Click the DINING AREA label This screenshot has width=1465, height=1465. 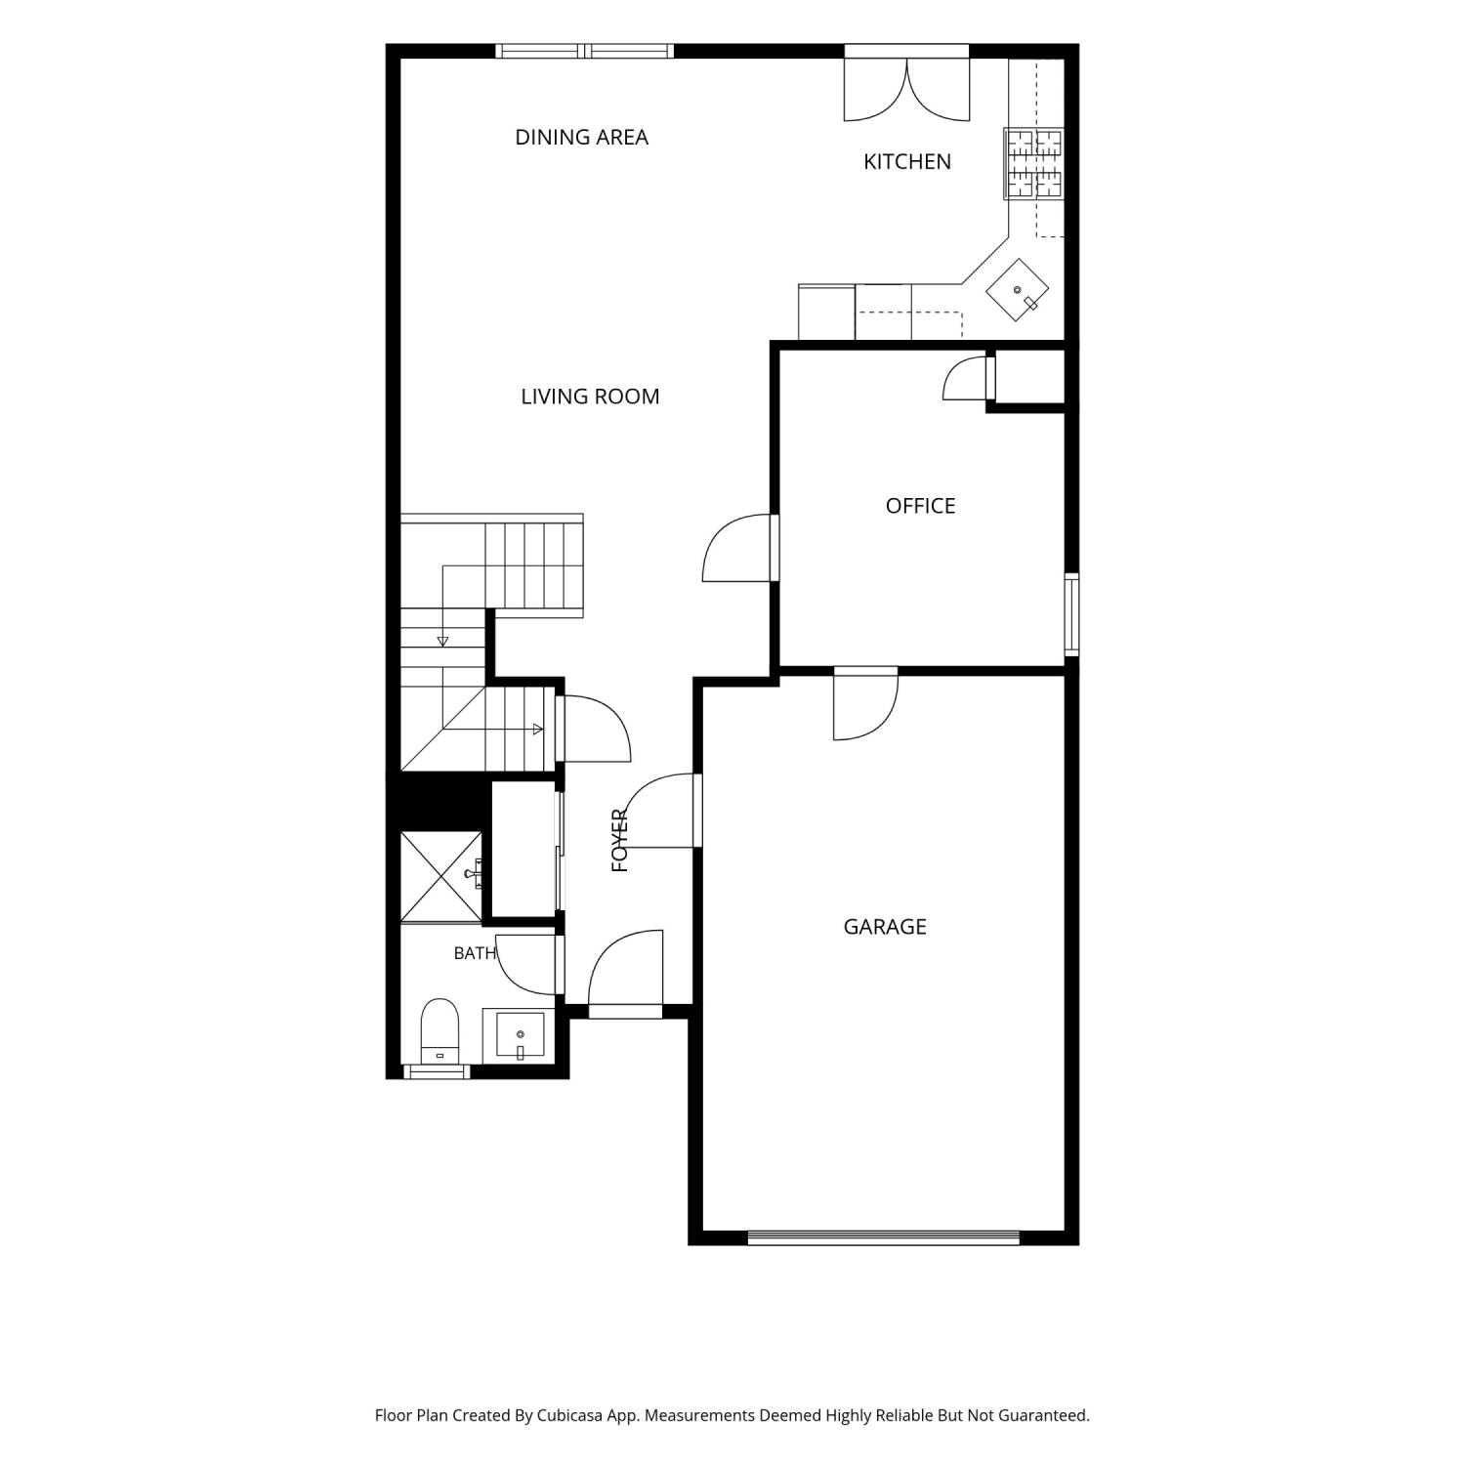581,138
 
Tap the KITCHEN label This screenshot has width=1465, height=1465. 907,162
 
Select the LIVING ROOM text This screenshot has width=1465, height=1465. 590,397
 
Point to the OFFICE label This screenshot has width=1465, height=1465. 920,506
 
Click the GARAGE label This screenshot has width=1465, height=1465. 885,927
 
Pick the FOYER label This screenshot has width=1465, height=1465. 620,840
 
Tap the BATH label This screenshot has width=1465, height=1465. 476,953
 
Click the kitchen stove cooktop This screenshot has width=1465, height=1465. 1033,163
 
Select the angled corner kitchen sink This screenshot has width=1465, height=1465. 1017,290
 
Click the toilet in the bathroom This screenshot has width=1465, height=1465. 439,1031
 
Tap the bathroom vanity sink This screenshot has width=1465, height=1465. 520,1035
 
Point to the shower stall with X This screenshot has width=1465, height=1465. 441,876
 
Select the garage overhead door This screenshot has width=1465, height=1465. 884,1237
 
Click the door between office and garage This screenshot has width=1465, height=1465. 865,703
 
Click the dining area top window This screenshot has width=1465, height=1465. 584,51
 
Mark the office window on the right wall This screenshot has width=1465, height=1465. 1071,614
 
